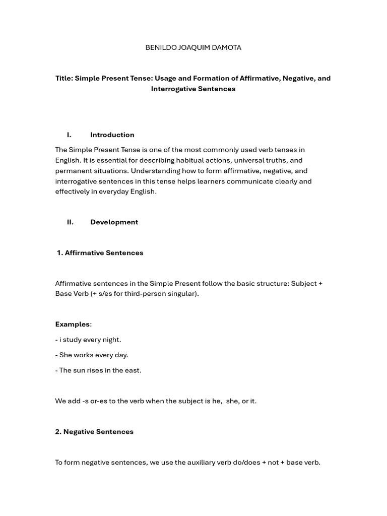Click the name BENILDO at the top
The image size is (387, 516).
click(x=160, y=48)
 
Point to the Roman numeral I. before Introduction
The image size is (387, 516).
click(x=69, y=135)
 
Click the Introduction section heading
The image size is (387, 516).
click(x=112, y=135)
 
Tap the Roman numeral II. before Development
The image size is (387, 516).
click(x=70, y=222)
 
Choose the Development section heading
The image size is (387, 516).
click(x=114, y=222)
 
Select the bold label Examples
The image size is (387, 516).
click(x=72, y=325)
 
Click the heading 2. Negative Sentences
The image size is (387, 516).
click(x=94, y=432)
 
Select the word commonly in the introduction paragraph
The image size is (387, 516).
click(x=205, y=150)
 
